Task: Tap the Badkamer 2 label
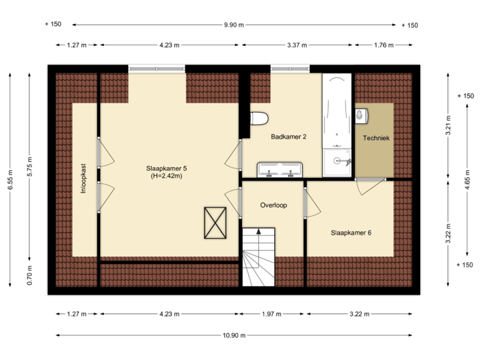pyautogui.click(x=289, y=137)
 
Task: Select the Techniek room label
pyautogui.click(x=375, y=138)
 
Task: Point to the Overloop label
pyautogui.click(x=273, y=205)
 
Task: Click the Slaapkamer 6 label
pyautogui.click(x=351, y=233)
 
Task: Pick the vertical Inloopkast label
pyautogui.click(x=84, y=179)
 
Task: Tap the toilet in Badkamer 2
pyautogui.click(x=259, y=119)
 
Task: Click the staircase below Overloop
pyautogui.click(x=259, y=257)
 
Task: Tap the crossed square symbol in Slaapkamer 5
pyautogui.click(x=215, y=222)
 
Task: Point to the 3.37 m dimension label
pyautogui.click(x=297, y=45)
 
